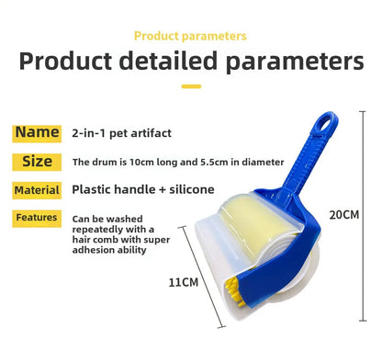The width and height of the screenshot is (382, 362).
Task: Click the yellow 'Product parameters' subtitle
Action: click(190, 36)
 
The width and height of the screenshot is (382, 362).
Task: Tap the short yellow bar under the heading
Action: click(190, 86)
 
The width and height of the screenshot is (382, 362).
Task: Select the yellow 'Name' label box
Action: click(37, 132)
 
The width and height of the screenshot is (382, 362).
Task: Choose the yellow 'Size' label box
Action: click(37, 162)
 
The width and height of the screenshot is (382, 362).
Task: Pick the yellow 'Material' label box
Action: click(37, 190)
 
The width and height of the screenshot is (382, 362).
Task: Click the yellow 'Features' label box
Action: click(37, 218)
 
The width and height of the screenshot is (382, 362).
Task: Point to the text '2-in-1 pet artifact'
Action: click(121, 133)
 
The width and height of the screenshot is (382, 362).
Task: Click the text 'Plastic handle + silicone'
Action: click(142, 190)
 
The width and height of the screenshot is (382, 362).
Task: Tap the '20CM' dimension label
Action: click(343, 215)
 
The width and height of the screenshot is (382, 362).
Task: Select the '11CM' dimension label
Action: click(184, 281)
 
